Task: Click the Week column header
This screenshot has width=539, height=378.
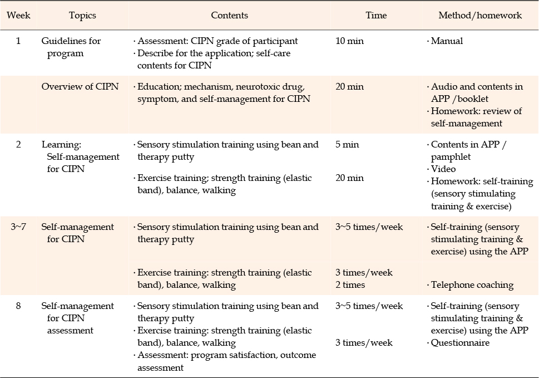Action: click(x=18, y=16)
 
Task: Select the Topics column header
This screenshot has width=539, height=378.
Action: click(x=82, y=16)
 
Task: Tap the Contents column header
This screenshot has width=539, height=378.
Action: click(x=229, y=16)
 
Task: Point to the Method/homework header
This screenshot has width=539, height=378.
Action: click(x=480, y=16)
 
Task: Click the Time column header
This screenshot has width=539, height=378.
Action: click(x=376, y=16)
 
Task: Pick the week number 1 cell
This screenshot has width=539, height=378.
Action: click(x=18, y=41)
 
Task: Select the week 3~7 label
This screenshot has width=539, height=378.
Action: click(x=18, y=227)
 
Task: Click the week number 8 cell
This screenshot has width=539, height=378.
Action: click(x=18, y=306)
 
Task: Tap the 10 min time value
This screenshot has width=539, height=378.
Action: click(x=349, y=41)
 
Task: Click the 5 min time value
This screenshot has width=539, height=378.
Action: click(x=347, y=144)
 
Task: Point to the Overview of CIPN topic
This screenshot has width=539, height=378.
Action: click(x=80, y=86)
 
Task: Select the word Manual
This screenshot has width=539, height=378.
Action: click(x=447, y=41)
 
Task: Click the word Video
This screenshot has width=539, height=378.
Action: click(x=443, y=169)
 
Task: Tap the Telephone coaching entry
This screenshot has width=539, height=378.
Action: click(x=472, y=285)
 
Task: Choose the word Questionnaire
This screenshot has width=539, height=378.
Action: click(x=460, y=343)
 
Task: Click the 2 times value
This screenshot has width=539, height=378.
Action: click(x=350, y=285)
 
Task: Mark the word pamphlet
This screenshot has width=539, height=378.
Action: click(x=451, y=157)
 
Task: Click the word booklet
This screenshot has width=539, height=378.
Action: click(x=473, y=99)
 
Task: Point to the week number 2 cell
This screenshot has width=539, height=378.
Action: click(x=18, y=144)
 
